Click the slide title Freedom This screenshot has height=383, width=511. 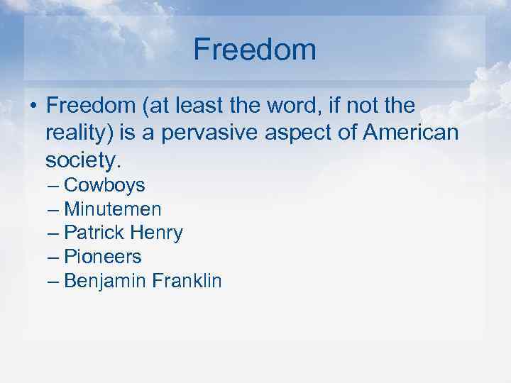[255, 50]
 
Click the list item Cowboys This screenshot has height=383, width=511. [104, 186]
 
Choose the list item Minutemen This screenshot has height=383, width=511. [113, 209]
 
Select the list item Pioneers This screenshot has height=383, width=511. [103, 257]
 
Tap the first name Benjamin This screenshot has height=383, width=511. [104, 282]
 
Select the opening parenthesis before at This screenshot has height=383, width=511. [144, 106]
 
